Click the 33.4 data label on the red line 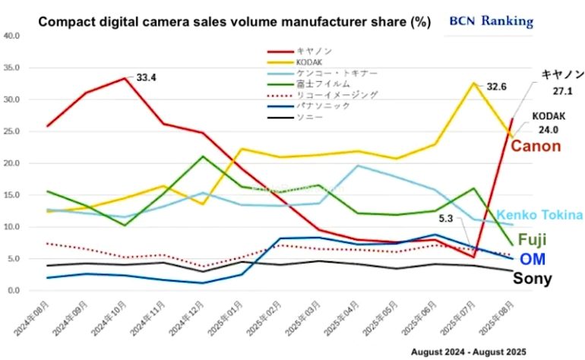coord(146,77)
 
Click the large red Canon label coord(535,145)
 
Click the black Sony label coord(533,279)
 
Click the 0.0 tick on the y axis coord(13,291)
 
